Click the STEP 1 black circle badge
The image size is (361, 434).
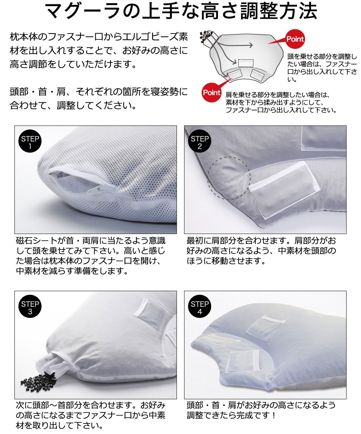[x=30, y=141]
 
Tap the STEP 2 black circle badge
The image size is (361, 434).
[x=200, y=141]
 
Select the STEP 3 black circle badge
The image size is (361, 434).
[x=30, y=306]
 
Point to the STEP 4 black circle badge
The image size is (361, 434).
[x=200, y=306]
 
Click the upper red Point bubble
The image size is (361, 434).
[x=295, y=39]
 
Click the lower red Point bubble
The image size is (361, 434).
[x=212, y=92]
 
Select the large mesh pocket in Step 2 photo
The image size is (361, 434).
[x=284, y=190]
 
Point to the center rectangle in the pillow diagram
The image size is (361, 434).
[x=246, y=63]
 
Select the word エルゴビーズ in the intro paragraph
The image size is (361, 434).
[x=150, y=37]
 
